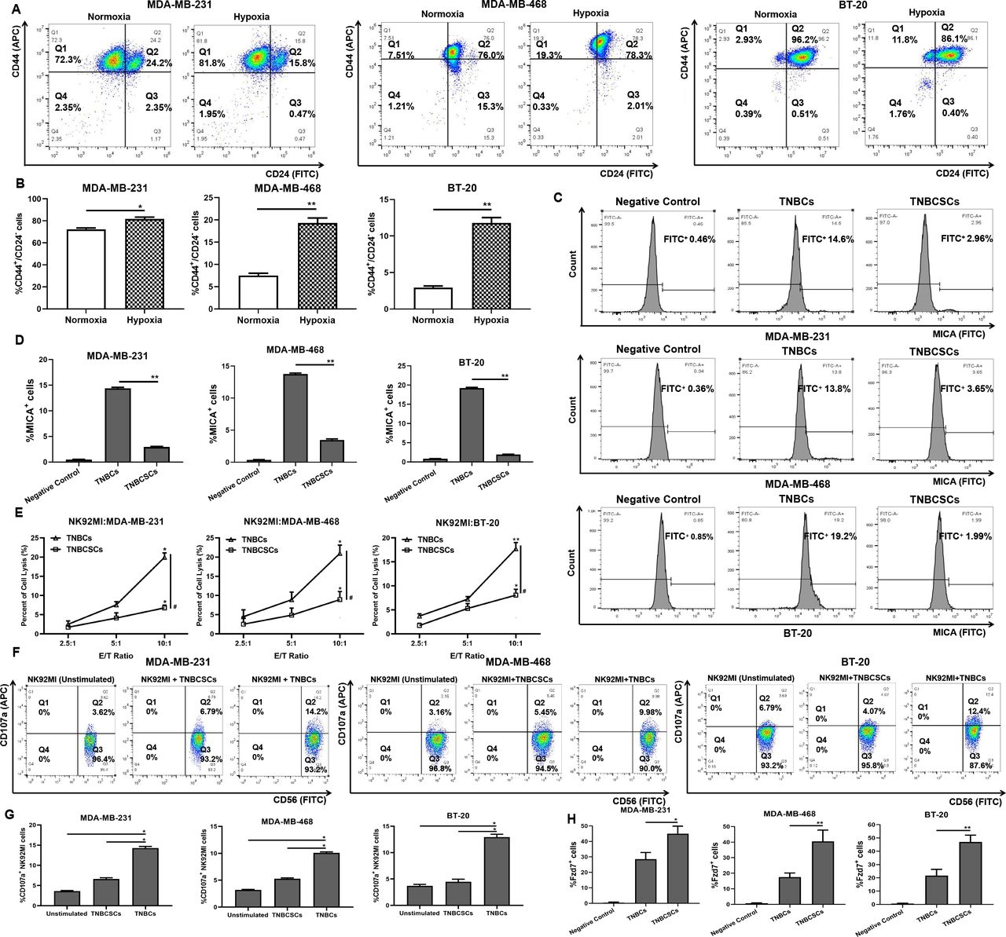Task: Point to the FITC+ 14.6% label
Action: (822, 239)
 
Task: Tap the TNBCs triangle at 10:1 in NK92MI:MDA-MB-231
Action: (163, 556)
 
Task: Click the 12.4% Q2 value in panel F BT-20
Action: (973, 712)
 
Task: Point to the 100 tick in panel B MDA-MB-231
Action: (39, 199)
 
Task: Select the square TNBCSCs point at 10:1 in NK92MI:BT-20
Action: (516, 595)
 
